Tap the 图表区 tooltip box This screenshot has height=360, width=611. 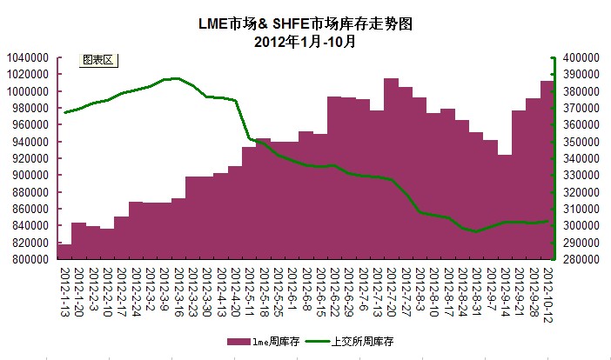[97, 60]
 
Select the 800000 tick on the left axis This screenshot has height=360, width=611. [30, 259]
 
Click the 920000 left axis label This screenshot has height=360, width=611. [30, 158]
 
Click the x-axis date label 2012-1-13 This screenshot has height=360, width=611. [64, 290]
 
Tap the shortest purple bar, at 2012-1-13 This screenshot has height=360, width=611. [64, 251]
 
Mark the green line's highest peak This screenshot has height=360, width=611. [176, 78]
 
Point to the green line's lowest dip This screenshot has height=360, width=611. [475, 231]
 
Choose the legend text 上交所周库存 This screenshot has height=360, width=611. [364, 343]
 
